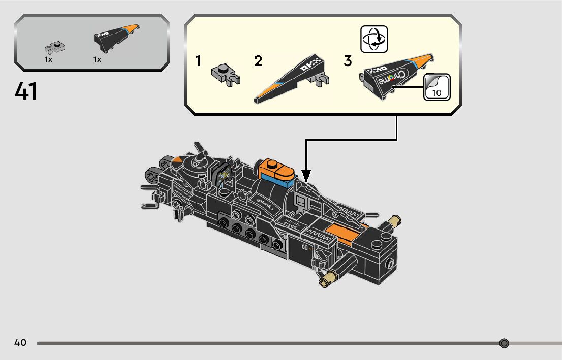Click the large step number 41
click(26, 91)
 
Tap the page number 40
click(20, 343)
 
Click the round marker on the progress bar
click(504, 343)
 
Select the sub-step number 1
click(198, 61)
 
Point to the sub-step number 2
click(258, 61)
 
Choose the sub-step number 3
click(348, 61)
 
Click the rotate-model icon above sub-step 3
click(374, 39)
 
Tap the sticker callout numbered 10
click(436, 87)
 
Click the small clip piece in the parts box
click(55, 48)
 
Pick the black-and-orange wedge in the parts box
click(117, 38)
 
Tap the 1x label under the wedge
click(97, 59)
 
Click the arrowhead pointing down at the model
click(306, 177)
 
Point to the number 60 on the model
click(305, 247)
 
